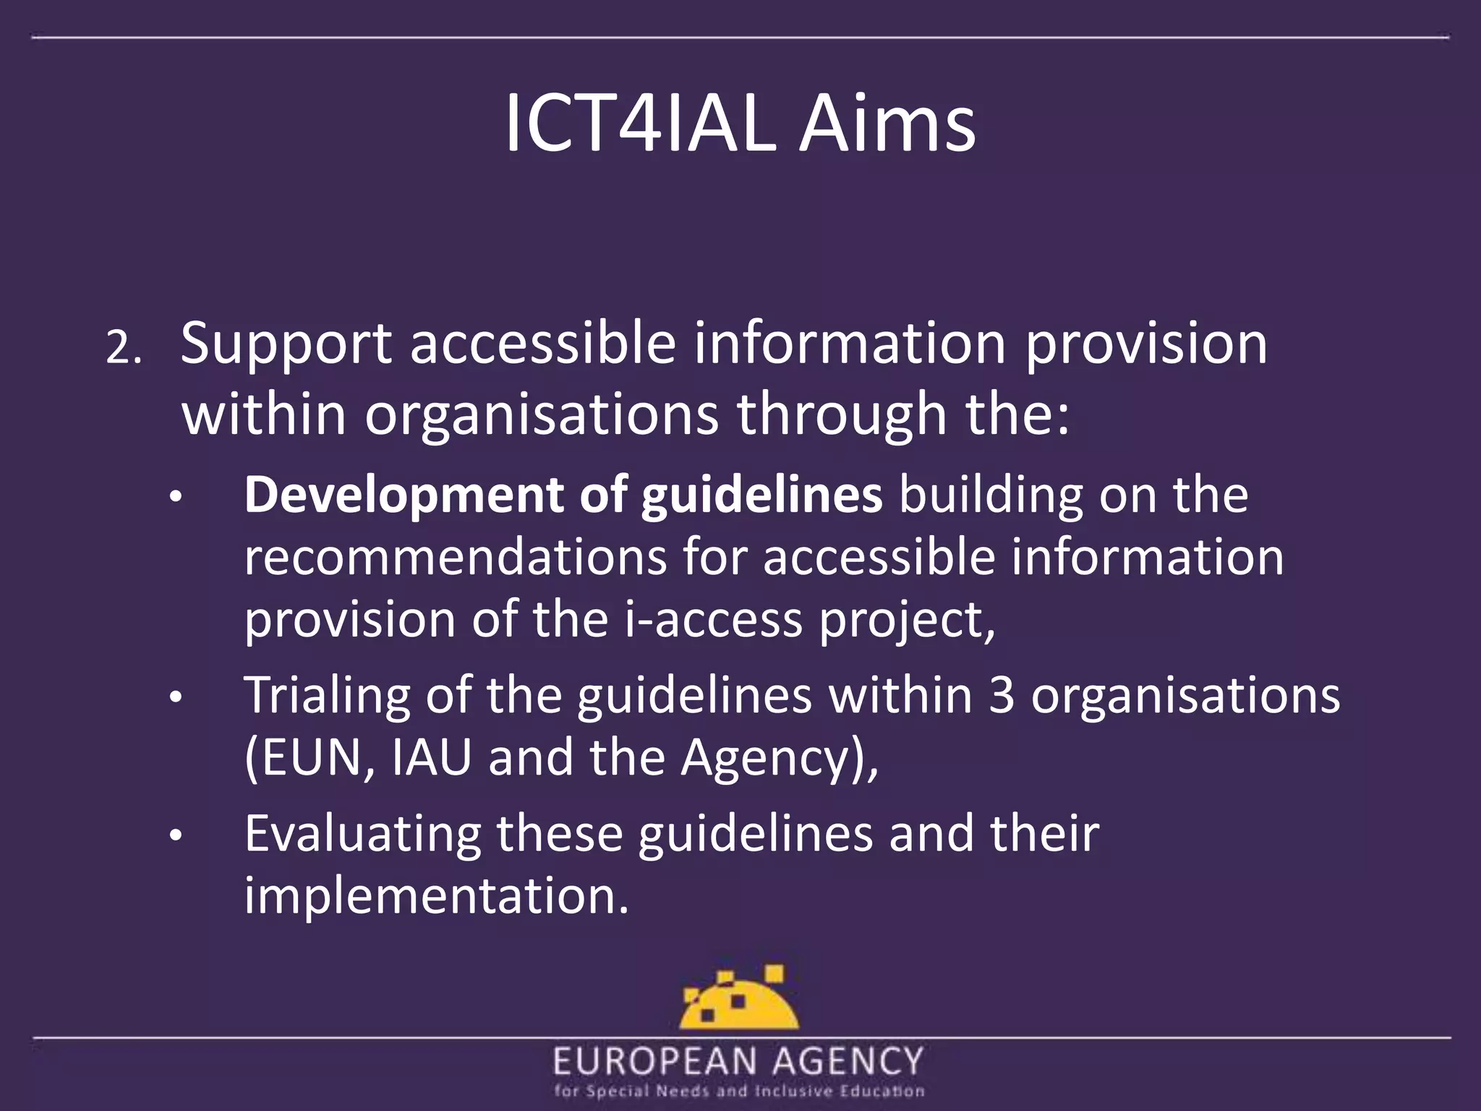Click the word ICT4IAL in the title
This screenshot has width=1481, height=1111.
640,125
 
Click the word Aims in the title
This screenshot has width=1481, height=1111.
887,125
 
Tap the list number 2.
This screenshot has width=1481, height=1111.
124,350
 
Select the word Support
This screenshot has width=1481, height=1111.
286,345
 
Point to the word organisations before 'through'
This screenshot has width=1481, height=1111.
542,416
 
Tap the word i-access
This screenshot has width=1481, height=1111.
713,620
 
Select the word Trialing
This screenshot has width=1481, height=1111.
326,696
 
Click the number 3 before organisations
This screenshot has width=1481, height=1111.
1001,696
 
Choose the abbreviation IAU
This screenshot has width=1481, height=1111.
431,758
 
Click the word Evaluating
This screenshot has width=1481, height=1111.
362,834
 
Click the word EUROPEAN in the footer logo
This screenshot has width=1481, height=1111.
654,1062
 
